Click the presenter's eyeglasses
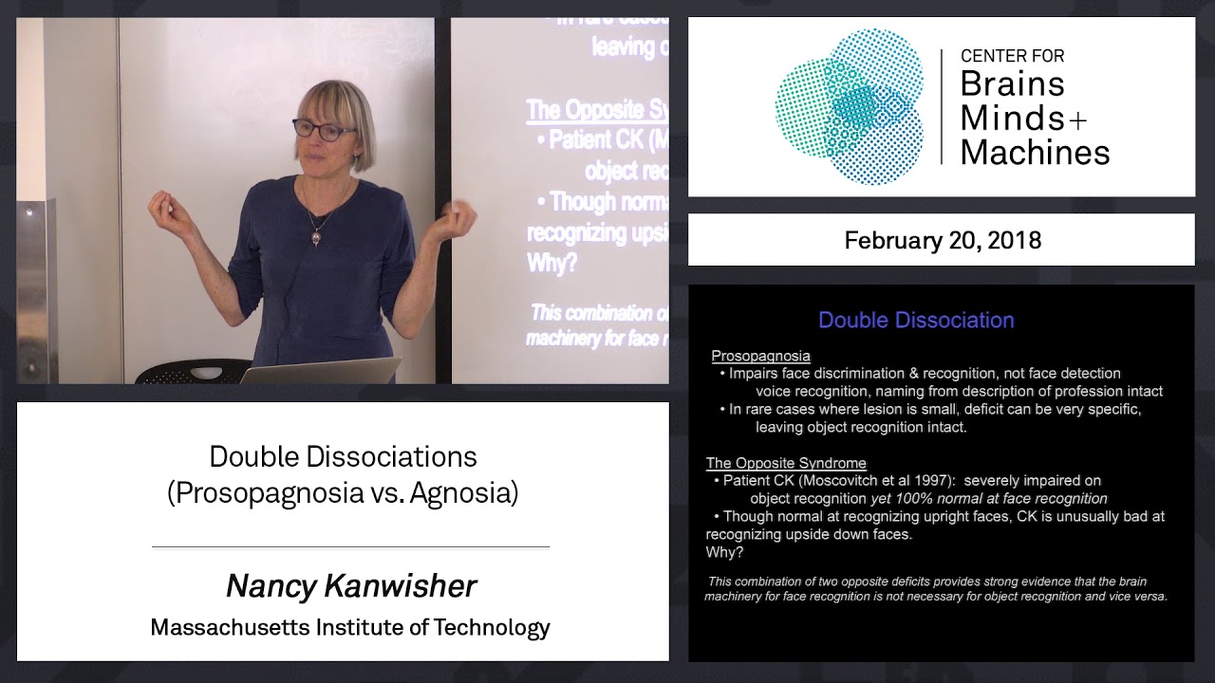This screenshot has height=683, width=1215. point(325,130)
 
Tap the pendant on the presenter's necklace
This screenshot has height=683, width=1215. point(314,237)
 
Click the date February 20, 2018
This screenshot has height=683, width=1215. point(942,240)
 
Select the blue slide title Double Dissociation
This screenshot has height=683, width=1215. point(916,321)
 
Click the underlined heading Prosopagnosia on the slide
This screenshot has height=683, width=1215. point(760,356)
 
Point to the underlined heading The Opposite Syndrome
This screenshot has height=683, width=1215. point(786,463)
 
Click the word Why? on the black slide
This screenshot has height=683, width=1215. point(724,552)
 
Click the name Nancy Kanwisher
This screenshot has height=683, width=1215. point(350,586)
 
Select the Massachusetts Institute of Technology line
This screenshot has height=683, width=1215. point(350,627)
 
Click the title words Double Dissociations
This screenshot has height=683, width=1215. point(343,456)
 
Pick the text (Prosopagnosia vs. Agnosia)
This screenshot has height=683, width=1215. point(343,493)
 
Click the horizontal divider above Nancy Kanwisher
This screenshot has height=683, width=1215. point(350,547)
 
